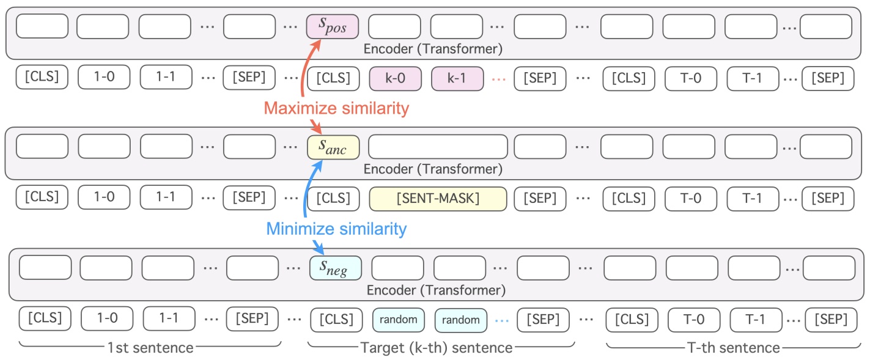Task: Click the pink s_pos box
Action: pos(332,26)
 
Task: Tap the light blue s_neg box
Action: pos(335,267)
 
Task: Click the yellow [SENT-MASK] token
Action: pos(438,199)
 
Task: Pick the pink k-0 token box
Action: pos(395,78)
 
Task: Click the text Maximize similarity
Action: pos(336,109)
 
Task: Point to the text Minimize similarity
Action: pos(336,229)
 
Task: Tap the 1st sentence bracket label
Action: pos(150,348)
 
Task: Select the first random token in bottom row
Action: pos(398,319)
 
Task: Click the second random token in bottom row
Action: pos(460,319)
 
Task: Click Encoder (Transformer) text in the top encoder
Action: pos(432,48)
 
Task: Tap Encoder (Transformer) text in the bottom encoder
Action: pos(435,289)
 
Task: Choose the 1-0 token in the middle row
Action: pos(103,199)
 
